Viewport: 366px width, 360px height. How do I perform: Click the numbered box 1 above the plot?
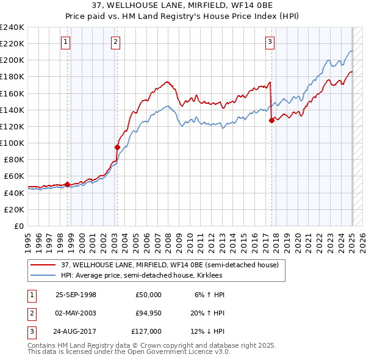click(65, 42)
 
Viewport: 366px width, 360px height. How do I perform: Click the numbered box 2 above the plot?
click(115, 42)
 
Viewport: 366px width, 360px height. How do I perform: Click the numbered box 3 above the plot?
click(270, 42)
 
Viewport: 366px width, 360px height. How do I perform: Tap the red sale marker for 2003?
click(117, 147)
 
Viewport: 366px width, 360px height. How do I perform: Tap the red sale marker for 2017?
click(271, 120)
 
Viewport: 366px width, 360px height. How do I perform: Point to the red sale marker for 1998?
click(67, 184)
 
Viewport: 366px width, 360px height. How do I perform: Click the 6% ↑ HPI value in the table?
click(210, 295)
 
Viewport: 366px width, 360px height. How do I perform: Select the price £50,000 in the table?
click(149, 295)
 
